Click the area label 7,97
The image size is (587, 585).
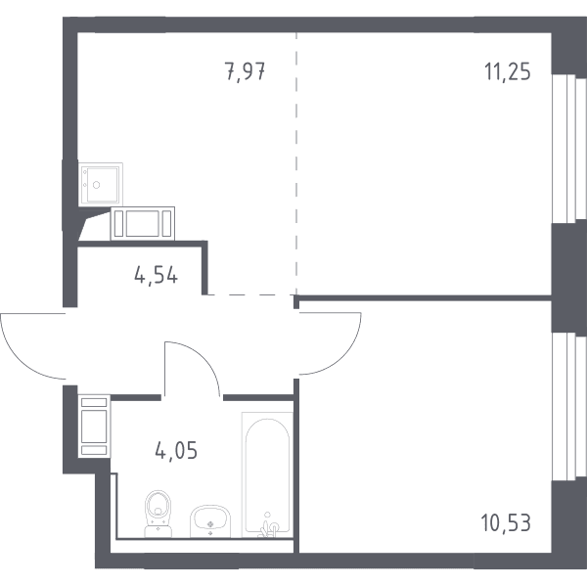click(x=246, y=71)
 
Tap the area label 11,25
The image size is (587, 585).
click(x=508, y=71)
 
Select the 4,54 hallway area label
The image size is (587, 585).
click(x=156, y=276)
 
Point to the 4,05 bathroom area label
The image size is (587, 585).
click(x=176, y=450)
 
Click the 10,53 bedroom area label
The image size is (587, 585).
click(x=506, y=522)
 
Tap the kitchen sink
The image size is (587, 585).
click(x=101, y=184)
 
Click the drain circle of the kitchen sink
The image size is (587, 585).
click(x=97, y=185)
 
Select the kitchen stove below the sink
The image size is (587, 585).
click(x=143, y=223)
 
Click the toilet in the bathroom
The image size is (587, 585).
click(x=158, y=514)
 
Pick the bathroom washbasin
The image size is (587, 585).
click(x=210, y=521)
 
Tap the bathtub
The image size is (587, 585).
click(x=267, y=474)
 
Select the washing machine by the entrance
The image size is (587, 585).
click(x=94, y=427)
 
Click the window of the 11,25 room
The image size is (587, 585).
click(x=569, y=149)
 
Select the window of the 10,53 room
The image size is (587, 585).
click(x=569, y=407)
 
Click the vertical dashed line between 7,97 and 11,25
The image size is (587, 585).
click(x=296, y=164)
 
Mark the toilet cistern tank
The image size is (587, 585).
click(x=158, y=531)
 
